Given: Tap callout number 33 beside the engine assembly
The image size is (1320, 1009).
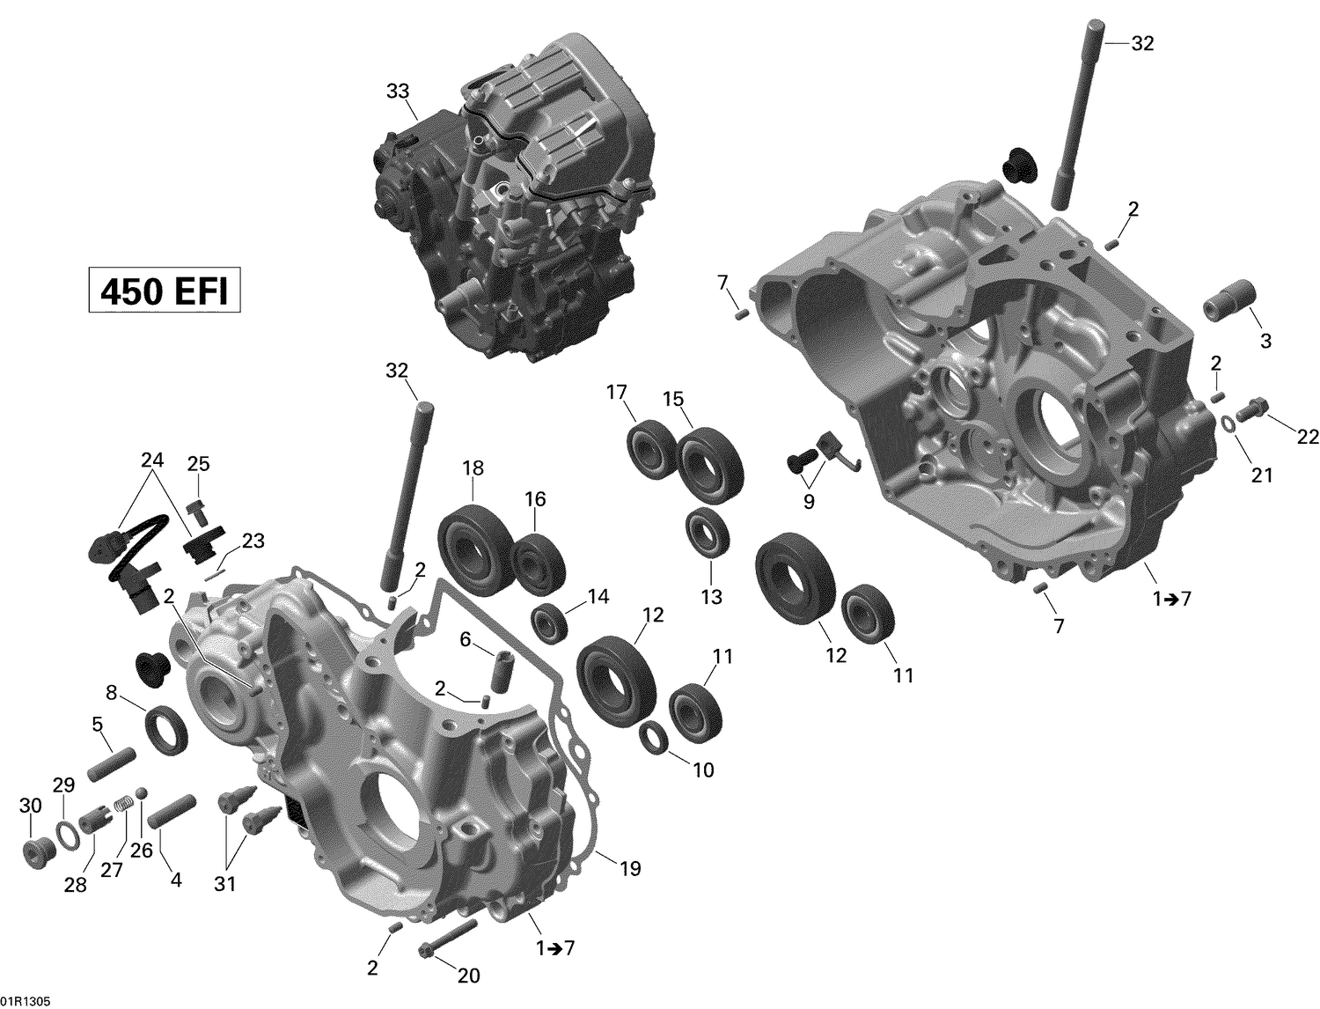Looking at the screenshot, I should [398, 91].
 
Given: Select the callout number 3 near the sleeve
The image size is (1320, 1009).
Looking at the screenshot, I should [1265, 341].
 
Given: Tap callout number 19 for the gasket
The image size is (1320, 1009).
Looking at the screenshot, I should [629, 868].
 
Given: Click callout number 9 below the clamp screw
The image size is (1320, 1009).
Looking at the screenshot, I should [809, 502].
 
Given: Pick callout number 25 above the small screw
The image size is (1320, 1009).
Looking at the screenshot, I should [198, 464].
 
